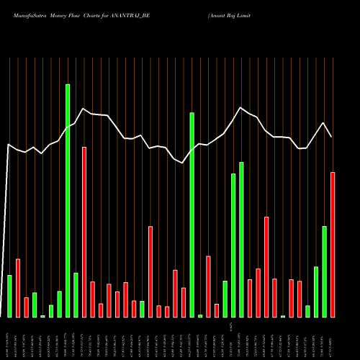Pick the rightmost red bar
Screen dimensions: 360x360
[333, 245]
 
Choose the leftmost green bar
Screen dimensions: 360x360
[9, 296]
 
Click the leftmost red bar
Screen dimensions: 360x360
[18, 288]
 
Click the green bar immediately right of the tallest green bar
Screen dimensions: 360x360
[76, 295]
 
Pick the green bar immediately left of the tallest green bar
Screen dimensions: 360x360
[59, 304]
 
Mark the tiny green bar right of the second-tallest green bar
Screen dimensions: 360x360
[200, 315]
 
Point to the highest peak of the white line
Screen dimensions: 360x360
[84, 109]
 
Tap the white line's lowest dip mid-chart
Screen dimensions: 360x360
[183, 163]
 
